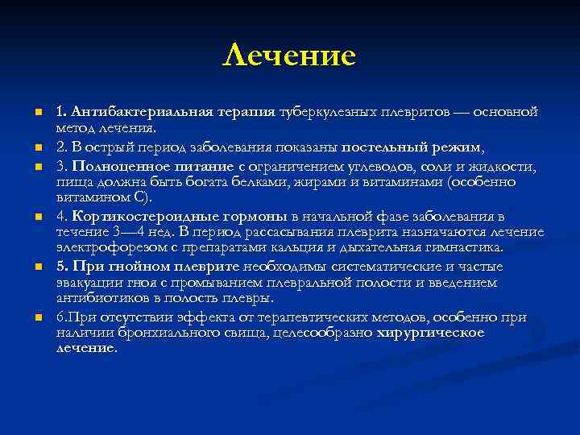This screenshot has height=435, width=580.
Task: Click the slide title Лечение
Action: point(289,55)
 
